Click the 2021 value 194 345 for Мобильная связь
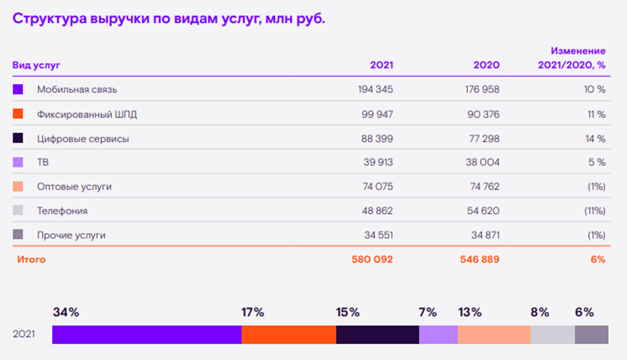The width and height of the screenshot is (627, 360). [x=375, y=90]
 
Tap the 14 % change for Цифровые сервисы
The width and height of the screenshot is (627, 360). [x=595, y=138]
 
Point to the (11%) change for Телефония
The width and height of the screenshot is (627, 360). [x=595, y=211]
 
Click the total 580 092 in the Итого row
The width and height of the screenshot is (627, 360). [x=372, y=260]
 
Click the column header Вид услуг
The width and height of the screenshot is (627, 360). [x=36, y=65]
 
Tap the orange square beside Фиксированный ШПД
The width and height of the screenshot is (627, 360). [x=18, y=114]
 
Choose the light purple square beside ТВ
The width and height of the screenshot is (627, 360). [x=18, y=162]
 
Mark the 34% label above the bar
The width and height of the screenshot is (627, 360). [x=66, y=312]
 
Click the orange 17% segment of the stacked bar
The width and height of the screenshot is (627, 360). [x=288, y=335]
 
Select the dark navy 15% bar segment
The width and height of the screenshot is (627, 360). [x=377, y=335]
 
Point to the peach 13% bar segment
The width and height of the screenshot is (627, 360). [x=494, y=335]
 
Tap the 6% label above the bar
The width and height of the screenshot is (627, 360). [x=584, y=312]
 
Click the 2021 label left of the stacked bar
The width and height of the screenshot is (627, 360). [x=24, y=335]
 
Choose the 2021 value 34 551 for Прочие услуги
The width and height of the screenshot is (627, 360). [x=377, y=235]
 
